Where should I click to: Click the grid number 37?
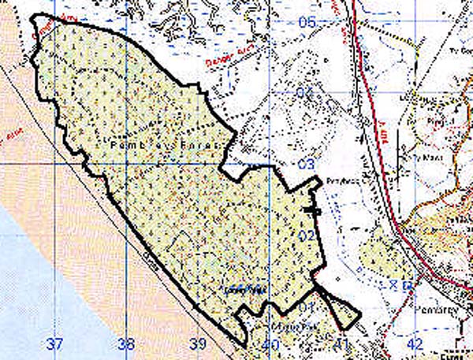(54, 343)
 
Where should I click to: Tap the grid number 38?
(125, 343)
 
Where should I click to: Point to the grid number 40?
(270, 344)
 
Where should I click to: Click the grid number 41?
(341, 344)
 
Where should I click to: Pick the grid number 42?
(415, 344)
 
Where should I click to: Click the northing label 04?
(306, 93)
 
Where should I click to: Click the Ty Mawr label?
(434, 157)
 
